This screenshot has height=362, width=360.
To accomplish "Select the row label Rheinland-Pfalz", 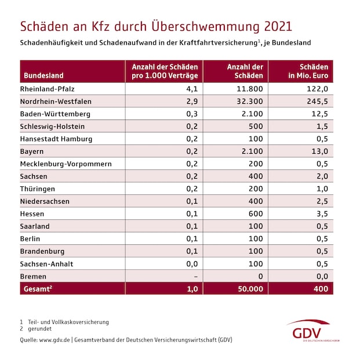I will [48, 89].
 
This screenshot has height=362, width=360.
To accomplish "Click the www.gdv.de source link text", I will [55, 339].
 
